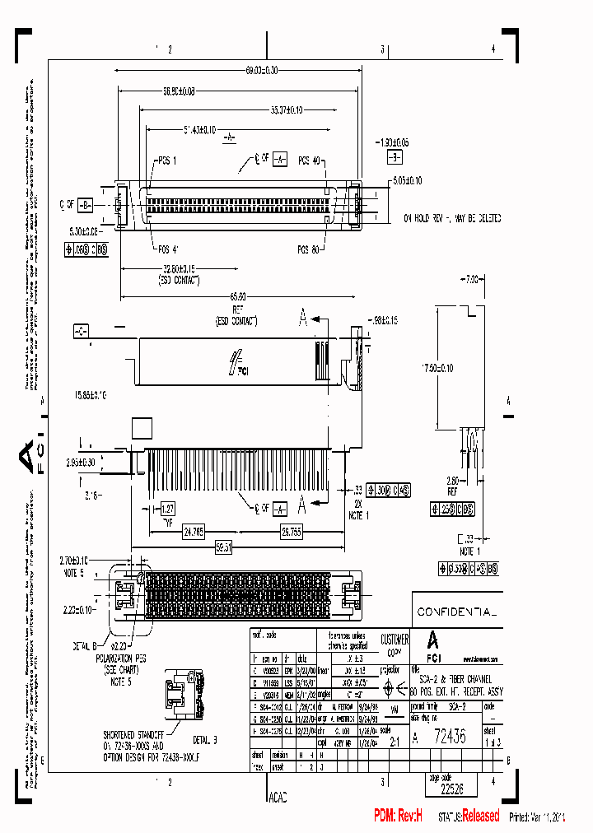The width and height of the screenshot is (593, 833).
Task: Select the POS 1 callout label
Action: [166, 161]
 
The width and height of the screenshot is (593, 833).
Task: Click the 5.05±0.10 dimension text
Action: [407, 180]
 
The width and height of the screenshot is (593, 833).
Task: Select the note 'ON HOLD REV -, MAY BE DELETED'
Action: [451, 218]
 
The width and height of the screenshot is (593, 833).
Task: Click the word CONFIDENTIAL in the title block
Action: [457, 612]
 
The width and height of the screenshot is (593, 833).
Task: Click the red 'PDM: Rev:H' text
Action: [398, 816]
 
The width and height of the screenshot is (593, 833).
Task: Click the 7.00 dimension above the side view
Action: [470, 280]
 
